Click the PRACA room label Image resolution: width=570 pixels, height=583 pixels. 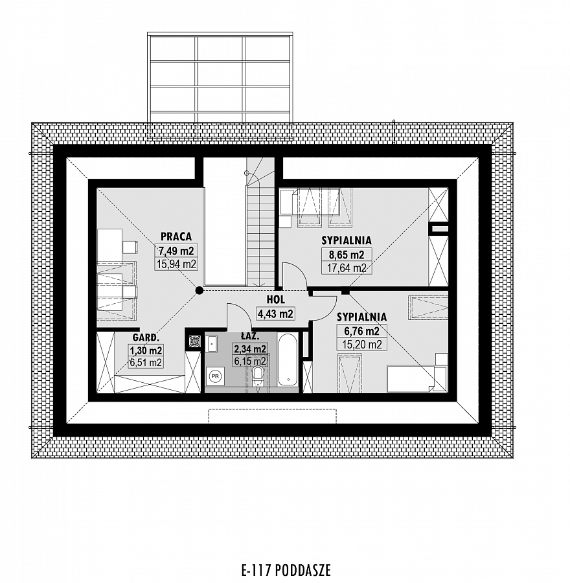pyautogui.click(x=176, y=236)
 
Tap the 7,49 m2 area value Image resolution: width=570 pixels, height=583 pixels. pyautogui.click(x=176, y=251)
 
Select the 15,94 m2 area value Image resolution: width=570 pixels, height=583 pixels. pyautogui.click(x=176, y=264)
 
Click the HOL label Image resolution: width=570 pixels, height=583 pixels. pyautogui.click(x=275, y=299)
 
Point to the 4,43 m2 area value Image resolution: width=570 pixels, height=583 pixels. pyautogui.click(x=275, y=314)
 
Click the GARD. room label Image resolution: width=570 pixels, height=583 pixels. pyautogui.click(x=146, y=337)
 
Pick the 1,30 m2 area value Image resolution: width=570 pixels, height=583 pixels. pyautogui.click(x=146, y=350)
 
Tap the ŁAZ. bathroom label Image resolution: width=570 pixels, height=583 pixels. pyautogui.click(x=249, y=336)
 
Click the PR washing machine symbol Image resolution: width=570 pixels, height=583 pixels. pyautogui.click(x=214, y=376)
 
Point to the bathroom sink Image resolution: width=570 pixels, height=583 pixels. pyautogui.click(x=212, y=344)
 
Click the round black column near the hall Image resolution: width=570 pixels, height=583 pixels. pyautogui.click(x=199, y=290)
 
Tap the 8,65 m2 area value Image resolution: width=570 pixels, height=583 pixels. pyautogui.click(x=347, y=255)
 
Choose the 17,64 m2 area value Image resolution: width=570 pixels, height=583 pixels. pyautogui.click(x=347, y=268)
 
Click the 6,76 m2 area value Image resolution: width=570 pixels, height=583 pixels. pyautogui.click(x=362, y=331)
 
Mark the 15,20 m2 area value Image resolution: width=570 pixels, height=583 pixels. pyautogui.click(x=362, y=345)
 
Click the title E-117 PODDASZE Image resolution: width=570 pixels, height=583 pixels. pyautogui.click(x=286, y=570)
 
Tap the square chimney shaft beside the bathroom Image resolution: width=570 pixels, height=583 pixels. pyautogui.click(x=194, y=341)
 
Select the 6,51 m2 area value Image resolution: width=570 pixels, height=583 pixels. pyautogui.click(x=146, y=363)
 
